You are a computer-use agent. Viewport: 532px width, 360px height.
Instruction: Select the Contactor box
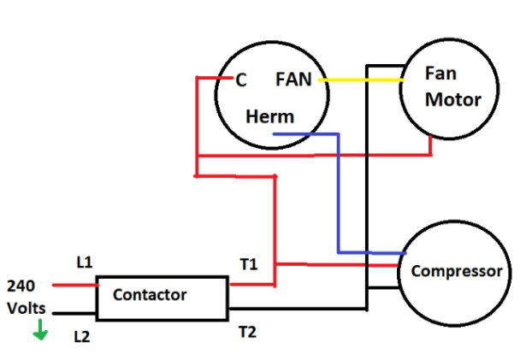[163, 296]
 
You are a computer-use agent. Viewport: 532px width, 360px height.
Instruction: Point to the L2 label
[82, 336]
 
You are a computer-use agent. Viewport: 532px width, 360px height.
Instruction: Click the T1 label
[249, 264]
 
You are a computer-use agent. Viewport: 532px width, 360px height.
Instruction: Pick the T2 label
[248, 328]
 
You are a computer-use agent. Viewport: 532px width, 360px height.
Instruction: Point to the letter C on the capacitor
[241, 80]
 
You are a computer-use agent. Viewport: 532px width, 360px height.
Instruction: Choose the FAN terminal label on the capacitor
[293, 80]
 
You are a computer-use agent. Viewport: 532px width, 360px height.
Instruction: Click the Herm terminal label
[269, 117]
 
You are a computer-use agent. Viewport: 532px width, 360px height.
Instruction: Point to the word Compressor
[457, 272]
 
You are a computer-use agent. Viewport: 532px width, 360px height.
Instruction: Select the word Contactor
[150, 295]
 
